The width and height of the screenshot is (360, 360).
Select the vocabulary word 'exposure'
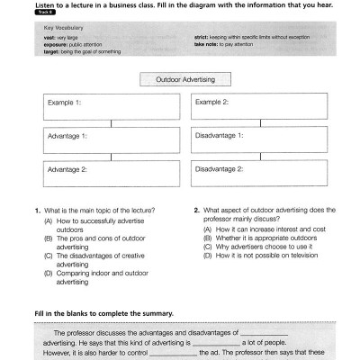(55, 43)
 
